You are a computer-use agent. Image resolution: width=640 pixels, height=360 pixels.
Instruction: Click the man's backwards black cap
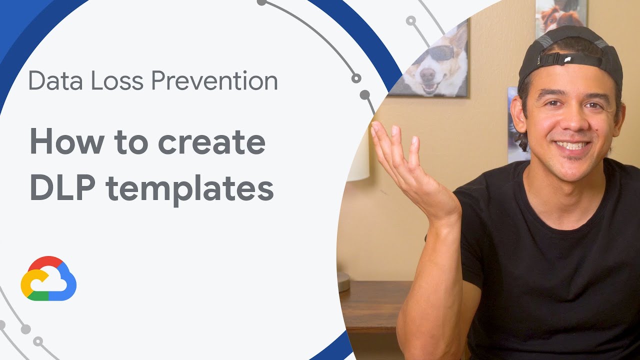click(570, 55)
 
